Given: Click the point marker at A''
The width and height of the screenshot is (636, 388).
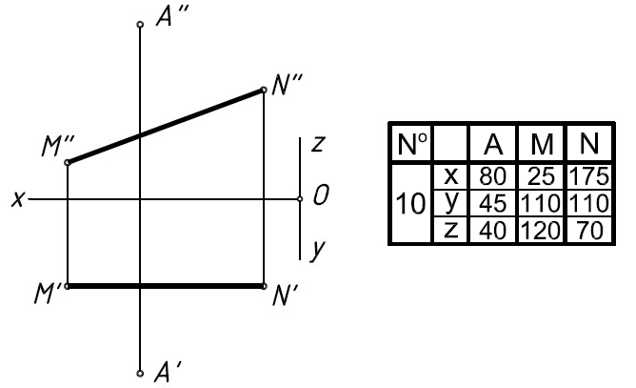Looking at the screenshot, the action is tap(140, 25).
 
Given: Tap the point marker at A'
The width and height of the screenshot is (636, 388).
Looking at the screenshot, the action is tap(140, 374).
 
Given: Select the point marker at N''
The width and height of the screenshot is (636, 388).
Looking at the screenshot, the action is tap(264, 90).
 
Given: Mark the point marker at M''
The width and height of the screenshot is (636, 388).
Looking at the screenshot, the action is tap(68, 162).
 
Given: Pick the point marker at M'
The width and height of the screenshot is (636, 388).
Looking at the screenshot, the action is tap(68, 286).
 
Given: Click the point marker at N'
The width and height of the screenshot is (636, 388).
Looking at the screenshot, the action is tap(264, 286).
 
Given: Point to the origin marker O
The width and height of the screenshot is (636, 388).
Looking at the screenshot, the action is tap(300, 198).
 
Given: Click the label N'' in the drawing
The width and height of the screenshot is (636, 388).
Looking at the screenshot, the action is tap(288, 85).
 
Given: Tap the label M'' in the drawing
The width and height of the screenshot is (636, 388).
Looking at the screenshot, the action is tap(58, 146).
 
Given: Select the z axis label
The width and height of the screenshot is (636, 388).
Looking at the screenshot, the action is tap(318, 143).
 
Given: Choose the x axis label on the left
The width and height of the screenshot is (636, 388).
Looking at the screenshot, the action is tap(18, 199).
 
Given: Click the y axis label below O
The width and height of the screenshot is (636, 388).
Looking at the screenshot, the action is tap(318, 250).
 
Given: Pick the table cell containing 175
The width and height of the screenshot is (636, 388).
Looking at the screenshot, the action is tap(589, 176).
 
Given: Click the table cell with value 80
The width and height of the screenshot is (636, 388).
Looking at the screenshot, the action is tap(493, 176).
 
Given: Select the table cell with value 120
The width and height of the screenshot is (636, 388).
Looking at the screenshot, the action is tap(541, 231).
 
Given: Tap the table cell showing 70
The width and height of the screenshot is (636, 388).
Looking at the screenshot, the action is tap(589, 231).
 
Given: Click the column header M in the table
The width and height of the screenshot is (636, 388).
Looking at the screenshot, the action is tap(541, 143).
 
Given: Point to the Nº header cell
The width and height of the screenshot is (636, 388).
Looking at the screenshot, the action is tap(411, 143).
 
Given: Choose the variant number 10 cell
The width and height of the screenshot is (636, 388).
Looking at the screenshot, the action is tap(411, 203).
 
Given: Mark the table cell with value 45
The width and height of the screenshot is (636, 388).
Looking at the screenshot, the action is tap(493, 203).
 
